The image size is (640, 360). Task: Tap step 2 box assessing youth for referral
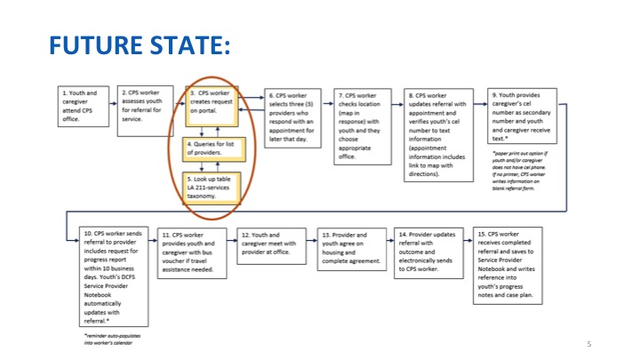[x=145, y=109]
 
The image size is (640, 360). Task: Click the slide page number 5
[x=588, y=343]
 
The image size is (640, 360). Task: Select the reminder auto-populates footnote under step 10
[x=106, y=339]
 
